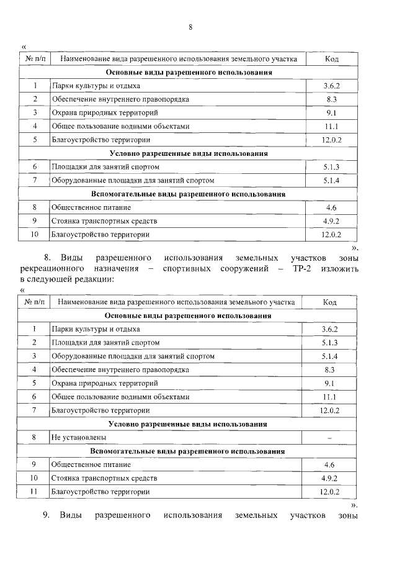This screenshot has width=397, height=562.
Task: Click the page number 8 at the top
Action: pyautogui.click(x=191, y=27)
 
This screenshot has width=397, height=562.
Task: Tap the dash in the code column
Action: pyautogui.click(x=329, y=438)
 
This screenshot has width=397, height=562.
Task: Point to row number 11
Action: pyautogui.click(x=35, y=492)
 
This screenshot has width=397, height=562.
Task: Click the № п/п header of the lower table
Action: pyautogui.click(x=35, y=302)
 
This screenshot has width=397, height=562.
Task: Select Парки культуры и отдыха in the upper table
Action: pyautogui.click(x=96, y=86)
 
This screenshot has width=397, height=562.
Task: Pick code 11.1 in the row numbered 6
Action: pyautogui.click(x=329, y=397)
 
